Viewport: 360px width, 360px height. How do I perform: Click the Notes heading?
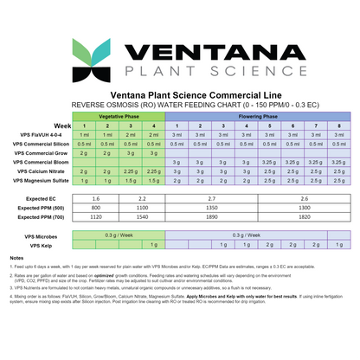tap(16, 259)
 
